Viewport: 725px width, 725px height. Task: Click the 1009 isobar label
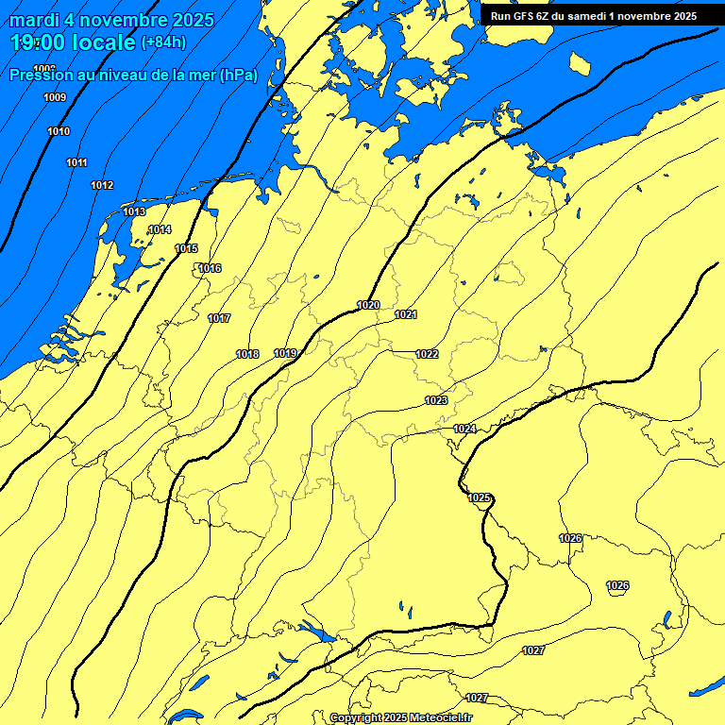tap(55, 98)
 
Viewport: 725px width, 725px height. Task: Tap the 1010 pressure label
tap(59, 131)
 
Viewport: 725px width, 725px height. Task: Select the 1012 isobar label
tap(102, 185)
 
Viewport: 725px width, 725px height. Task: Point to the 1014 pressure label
tap(160, 229)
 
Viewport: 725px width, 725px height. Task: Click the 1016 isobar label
tap(210, 269)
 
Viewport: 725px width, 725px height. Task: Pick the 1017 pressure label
tap(219, 318)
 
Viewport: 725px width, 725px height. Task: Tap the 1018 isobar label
tap(247, 354)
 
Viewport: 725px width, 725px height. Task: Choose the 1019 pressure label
tap(286, 353)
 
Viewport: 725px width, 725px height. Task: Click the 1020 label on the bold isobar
tap(368, 305)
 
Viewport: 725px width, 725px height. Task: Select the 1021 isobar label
tap(406, 314)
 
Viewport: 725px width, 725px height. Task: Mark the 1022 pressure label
tap(427, 354)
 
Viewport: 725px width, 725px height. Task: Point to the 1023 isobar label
tap(436, 400)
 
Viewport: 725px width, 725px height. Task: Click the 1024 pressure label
tap(464, 429)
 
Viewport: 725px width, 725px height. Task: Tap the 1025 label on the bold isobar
tap(480, 497)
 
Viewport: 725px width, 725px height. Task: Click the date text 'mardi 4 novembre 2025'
tap(112, 20)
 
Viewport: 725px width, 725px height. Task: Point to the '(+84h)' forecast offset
tap(163, 42)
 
